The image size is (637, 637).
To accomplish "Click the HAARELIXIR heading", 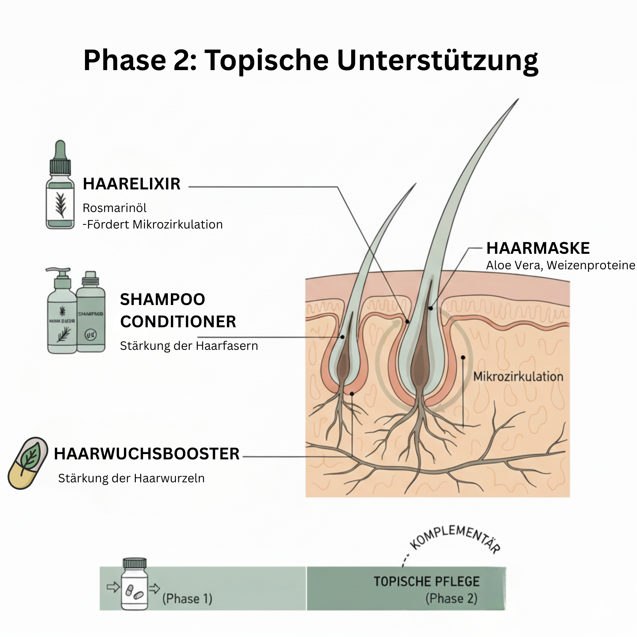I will click(x=131, y=184).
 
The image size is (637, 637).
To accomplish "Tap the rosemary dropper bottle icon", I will click(x=60, y=185).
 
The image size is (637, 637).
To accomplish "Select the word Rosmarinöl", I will click(x=115, y=208).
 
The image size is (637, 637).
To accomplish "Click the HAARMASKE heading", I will click(x=538, y=248).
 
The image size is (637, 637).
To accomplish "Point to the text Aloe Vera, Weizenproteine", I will click(x=560, y=265).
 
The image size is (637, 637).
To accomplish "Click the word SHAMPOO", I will click(x=162, y=299).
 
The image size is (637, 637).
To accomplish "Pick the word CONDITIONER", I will click(x=178, y=322).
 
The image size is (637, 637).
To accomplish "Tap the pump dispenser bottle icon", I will click(x=62, y=312).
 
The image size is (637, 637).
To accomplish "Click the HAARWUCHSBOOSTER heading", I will click(x=147, y=454).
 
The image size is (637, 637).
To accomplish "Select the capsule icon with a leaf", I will click(x=28, y=463).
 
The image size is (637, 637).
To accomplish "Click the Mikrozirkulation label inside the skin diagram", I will click(x=518, y=376).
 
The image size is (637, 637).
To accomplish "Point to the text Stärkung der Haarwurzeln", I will click(x=131, y=478).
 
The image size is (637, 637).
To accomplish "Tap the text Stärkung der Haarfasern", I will click(x=189, y=346).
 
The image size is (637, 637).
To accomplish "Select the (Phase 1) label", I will click(x=187, y=599).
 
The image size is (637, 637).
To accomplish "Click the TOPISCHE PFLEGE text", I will click(x=426, y=581).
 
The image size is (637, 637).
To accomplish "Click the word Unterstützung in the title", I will click(x=437, y=61).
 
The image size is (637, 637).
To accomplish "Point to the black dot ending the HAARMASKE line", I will click(x=430, y=308).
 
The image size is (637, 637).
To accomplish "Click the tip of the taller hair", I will click(x=518, y=99).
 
